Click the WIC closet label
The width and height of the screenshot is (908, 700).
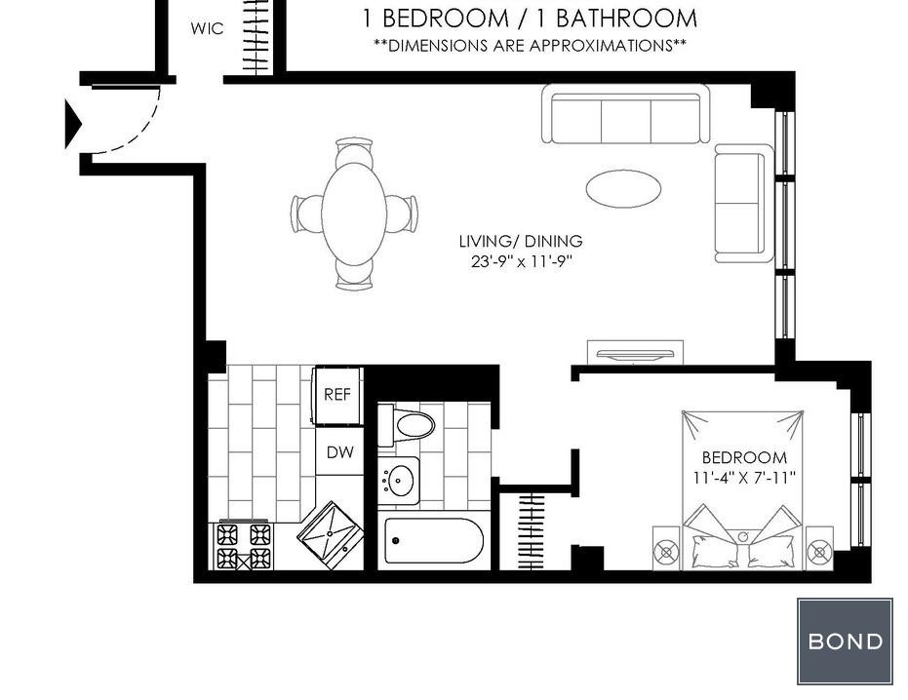pos(207,28)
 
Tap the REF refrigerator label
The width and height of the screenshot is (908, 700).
pos(337,394)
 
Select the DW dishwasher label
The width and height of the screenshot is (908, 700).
pos(340,452)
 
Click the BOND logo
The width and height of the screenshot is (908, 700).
pos(845,642)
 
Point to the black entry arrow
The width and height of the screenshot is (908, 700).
pos(72,124)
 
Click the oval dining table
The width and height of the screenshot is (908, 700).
pos(354,214)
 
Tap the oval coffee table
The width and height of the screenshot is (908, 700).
pos(623,188)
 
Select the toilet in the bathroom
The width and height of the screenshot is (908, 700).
pos(406,425)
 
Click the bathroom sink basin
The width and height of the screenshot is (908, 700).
pos(400,480)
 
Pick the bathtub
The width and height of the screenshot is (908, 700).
pos(434,540)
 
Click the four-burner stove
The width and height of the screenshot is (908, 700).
pos(244,545)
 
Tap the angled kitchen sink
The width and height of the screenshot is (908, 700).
pos(331,535)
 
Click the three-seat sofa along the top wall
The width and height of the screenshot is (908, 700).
pos(626,113)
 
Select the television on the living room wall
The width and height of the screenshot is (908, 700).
pos(635,353)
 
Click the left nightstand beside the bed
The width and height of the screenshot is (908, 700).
pos(666,548)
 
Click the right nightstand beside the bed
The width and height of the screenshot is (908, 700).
pos(819,548)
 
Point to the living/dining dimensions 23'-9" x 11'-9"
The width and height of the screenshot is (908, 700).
pos(521,261)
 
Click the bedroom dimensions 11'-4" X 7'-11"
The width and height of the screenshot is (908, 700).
pos(744,479)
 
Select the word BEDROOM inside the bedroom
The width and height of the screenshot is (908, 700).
pos(744,457)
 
